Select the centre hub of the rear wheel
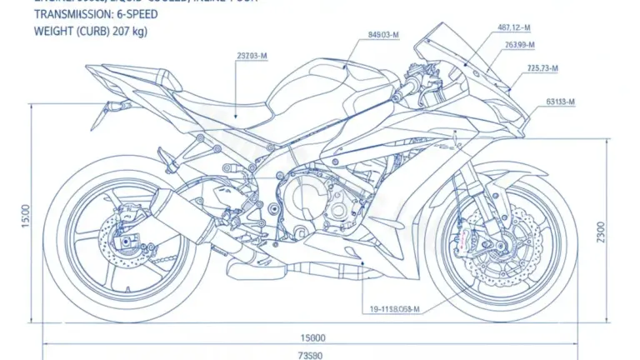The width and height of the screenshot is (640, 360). pyautogui.click(x=125, y=233)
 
